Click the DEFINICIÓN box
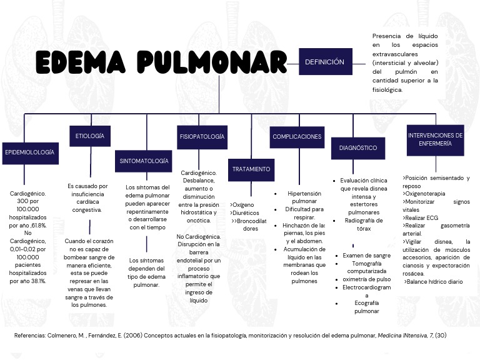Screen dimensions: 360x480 click(324, 62)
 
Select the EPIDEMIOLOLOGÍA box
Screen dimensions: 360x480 click(29, 152)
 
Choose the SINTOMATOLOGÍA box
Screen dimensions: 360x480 click(143, 161)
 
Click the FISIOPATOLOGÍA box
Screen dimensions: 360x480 click(202, 136)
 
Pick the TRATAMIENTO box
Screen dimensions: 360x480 click(251, 169)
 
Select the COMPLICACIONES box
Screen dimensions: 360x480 click(297, 136)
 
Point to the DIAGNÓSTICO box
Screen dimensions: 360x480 click(358, 148)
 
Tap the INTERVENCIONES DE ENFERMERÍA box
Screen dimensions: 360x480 click(435, 139)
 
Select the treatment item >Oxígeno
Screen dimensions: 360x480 click(242, 204)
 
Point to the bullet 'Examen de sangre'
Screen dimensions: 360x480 click(366, 256)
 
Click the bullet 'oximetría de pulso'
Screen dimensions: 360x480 click(366, 279)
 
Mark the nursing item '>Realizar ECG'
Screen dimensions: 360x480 click(420, 218)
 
